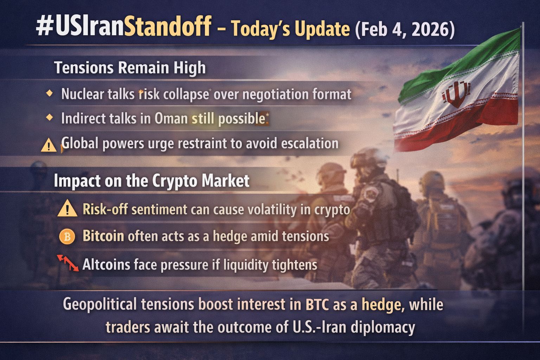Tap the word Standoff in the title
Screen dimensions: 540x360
point(168,26)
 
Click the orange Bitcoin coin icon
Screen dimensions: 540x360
point(67,237)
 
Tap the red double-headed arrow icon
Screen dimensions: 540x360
point(68,263)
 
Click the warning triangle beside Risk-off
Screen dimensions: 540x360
point(67,208)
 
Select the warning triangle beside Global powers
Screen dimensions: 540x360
point(49,145)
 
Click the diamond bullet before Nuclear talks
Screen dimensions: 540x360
point(50,93)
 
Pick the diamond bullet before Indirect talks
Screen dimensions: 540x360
point(50,118)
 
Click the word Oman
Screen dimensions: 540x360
point(171,118)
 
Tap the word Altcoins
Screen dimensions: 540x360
point(106,264)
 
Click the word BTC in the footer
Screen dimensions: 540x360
point(317,305)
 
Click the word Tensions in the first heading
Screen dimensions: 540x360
point(84,67)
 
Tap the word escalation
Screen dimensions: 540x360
point(310,143)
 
